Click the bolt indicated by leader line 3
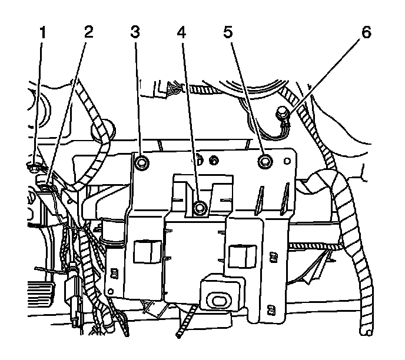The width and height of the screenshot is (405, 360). [x=142, y=162]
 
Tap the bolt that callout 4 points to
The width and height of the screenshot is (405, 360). [x=201, y=206]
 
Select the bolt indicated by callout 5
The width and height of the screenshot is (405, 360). [x=265, y=160]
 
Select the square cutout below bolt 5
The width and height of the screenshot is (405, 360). [x=240, y=254]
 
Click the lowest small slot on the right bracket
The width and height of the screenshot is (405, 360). [x=270, y=308]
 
